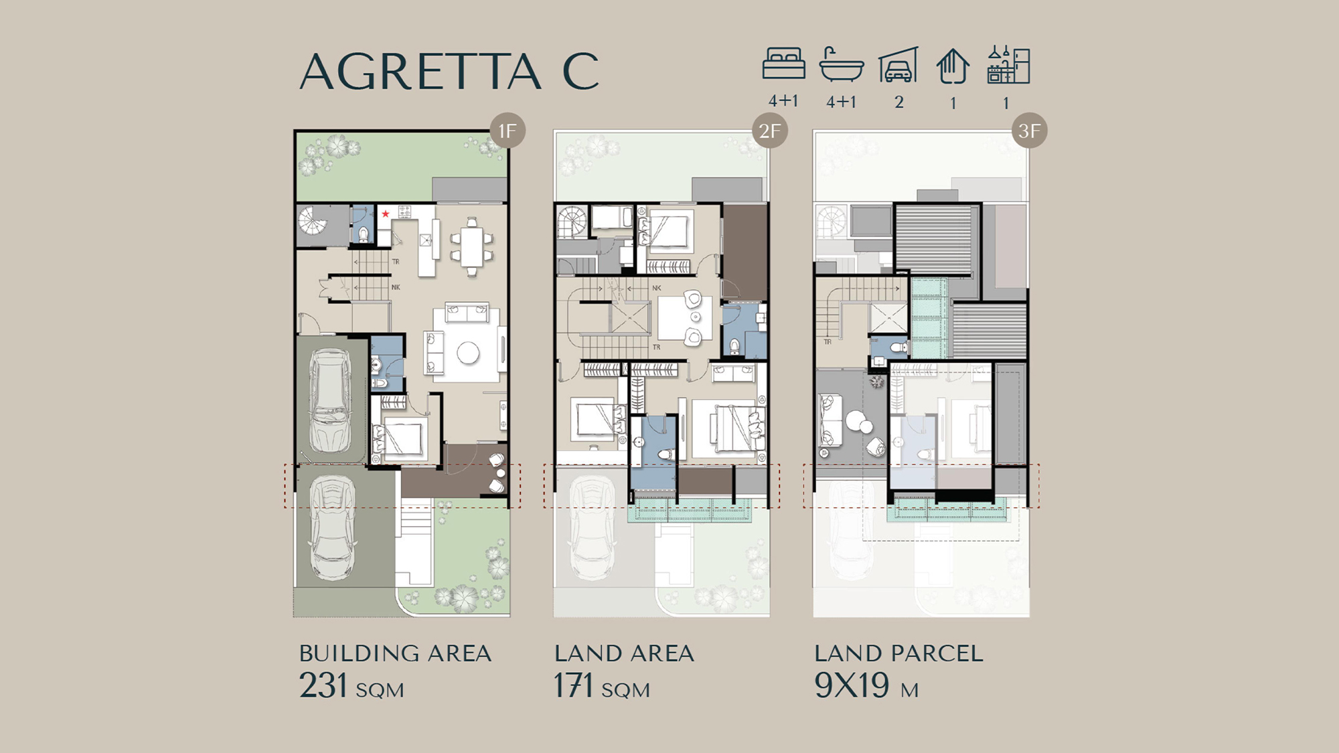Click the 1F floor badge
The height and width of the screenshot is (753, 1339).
[x=507, y=131]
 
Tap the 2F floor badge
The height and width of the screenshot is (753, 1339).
[x=770, y=131]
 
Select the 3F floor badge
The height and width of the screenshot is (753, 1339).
[x=1029, y=131]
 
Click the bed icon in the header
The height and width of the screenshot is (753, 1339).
[x=783, y=64]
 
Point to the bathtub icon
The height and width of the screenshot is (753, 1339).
[x=841, y=64]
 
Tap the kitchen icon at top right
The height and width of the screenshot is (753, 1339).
[x=1008, y=64]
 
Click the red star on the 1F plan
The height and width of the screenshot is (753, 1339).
[x=386, y=214]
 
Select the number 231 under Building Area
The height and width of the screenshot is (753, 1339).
[x=323, y=685]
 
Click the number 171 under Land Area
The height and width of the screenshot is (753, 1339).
[x=574, y=685]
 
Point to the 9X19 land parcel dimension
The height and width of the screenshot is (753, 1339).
[x=852, y=685]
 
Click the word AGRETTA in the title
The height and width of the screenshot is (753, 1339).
[x=420, y=72]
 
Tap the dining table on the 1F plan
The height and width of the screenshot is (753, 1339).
[x=473, y=246]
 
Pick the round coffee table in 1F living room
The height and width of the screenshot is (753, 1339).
[x=468, y=353]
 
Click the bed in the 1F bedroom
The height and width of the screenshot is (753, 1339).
[x=399, y=439]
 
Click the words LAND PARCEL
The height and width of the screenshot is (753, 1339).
[x=899, y=653]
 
